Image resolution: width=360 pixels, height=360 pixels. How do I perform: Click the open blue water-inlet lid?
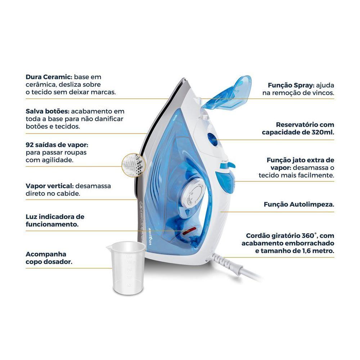tap(226, 92)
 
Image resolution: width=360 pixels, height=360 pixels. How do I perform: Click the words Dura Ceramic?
tap(49, 77)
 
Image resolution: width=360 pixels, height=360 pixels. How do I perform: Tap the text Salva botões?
tap(48, 111)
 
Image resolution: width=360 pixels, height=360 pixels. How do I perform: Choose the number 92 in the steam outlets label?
tap(30, 145)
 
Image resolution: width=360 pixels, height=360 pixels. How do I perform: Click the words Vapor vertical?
tap(50, 186)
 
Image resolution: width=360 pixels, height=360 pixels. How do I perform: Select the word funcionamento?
tap(52, 224)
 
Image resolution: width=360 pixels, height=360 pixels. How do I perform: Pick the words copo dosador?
tap(49, 262)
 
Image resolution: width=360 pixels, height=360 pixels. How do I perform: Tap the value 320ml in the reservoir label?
tap(323, 132)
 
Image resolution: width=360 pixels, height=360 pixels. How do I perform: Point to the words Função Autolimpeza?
tap(299, 204)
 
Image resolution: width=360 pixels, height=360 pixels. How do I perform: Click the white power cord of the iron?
tap(237, 267)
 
